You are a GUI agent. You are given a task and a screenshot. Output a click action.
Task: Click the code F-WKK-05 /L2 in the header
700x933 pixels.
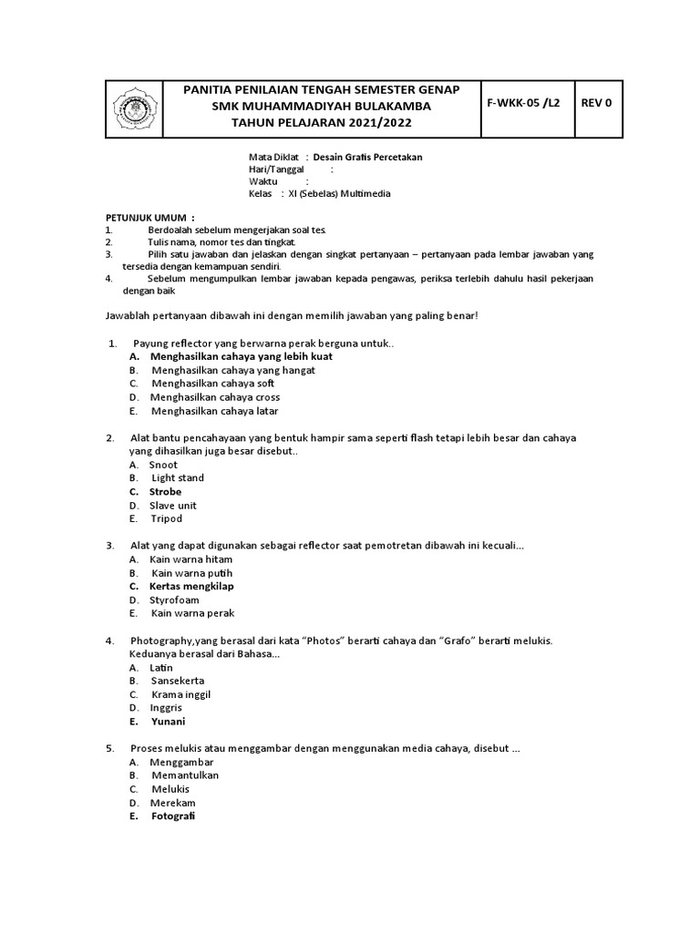[x=526, y=103]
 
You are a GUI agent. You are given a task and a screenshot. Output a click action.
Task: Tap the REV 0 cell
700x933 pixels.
[x=596, y=103]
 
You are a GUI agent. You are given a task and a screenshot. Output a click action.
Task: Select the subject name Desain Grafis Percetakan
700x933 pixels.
[x=367, y=158]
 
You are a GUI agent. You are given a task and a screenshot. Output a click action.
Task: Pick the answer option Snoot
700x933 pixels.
[x=164, y=465]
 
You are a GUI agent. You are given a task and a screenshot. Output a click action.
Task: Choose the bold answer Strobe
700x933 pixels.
[x=166, y=492]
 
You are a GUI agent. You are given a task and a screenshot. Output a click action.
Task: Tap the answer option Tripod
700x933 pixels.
[x=167, y=518]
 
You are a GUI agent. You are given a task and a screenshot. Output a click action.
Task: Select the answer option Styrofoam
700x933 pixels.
[x=173, y=600]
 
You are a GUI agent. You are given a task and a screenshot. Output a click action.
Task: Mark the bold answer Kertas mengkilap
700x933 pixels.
[x=191, y=587]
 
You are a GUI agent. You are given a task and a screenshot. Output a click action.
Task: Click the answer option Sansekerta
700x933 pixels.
[x=178, y=681]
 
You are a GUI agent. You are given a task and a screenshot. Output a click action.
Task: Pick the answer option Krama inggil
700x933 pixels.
[x=181, y=694]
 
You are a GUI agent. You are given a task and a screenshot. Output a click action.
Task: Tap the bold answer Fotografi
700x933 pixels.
[x=173, y=816]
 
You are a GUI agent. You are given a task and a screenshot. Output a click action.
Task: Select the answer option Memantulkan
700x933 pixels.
[x=185, y=775]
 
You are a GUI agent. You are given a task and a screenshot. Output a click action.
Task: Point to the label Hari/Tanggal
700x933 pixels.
[x=277, y=169]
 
